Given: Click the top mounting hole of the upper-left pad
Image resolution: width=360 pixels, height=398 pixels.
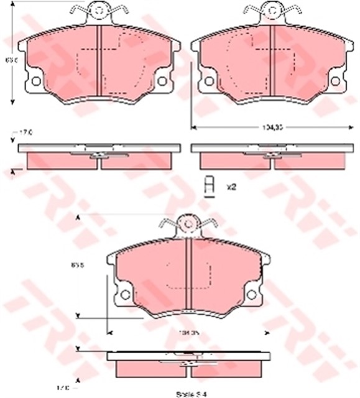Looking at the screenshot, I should [99, 10].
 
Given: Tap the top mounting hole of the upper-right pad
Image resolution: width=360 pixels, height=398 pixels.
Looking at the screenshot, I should [272, 10].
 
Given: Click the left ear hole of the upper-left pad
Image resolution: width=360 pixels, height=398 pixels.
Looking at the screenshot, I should [35, 81].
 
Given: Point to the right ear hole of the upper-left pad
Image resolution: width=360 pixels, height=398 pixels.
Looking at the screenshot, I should [162, 81].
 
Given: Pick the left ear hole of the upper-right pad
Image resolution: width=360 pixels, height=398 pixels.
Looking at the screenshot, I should [209, 81].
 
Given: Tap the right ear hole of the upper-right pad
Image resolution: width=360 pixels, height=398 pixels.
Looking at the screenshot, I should [336, 81].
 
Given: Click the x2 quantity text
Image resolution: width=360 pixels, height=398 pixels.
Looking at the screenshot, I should [231, 186].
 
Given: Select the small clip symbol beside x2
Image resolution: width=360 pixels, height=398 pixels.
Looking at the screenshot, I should [210, 185].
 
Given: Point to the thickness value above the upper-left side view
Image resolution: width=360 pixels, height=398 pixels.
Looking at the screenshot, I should [25, 132].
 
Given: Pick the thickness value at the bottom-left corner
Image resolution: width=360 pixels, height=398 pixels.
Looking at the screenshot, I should [80, 389].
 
